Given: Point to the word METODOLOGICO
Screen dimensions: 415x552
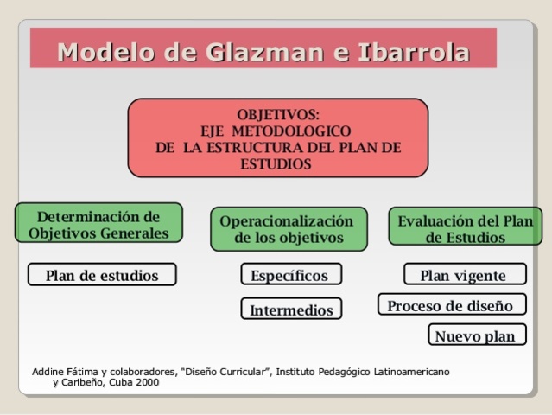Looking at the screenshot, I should coord(296,131).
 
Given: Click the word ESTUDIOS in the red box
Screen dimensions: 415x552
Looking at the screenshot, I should coord(277,163).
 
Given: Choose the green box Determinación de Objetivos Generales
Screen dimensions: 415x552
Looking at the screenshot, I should coord(98,223).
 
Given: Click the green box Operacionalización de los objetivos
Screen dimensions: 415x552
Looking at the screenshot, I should coord(288,229).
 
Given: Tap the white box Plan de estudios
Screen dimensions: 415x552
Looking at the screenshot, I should coord(102,276).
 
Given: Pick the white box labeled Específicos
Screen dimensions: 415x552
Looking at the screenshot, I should coord(289,276).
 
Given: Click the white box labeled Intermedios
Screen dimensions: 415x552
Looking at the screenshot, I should coord(291,309).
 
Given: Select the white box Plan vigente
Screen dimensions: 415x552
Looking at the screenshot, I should coord(463,276).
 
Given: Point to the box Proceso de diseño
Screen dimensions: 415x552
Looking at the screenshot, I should coord(450,305).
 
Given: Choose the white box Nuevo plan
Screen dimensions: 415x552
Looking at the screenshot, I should coord(475,335).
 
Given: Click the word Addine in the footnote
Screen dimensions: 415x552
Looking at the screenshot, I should coord(48,372).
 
